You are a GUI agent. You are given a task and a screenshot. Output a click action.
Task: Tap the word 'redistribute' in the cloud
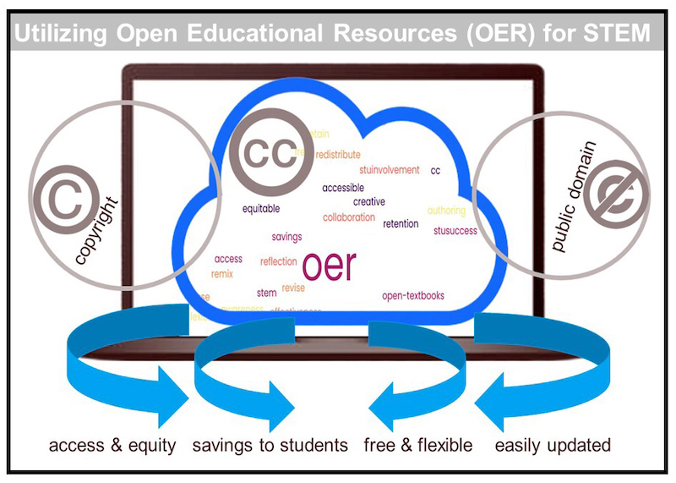[337, 155]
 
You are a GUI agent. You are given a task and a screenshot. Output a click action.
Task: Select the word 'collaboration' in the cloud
[348, 217]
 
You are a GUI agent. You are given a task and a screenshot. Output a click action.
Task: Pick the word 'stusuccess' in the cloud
[455, 230]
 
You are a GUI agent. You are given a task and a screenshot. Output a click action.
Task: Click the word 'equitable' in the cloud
[261, 208]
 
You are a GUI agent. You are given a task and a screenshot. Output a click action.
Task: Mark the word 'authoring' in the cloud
[446, 210]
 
